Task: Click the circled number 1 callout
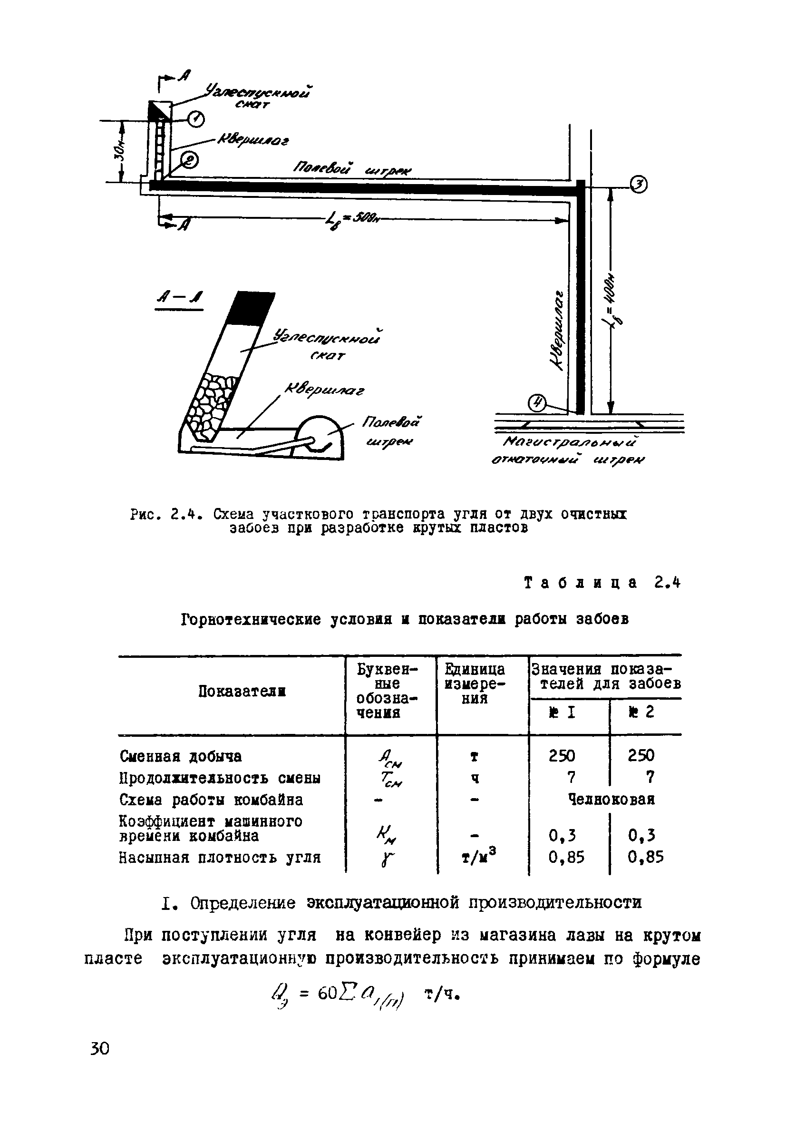[x=197, y=119]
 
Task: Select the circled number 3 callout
[x=639, y=184]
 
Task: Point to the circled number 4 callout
[x=537, y=404]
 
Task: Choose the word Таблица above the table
[x=581, y=583]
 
